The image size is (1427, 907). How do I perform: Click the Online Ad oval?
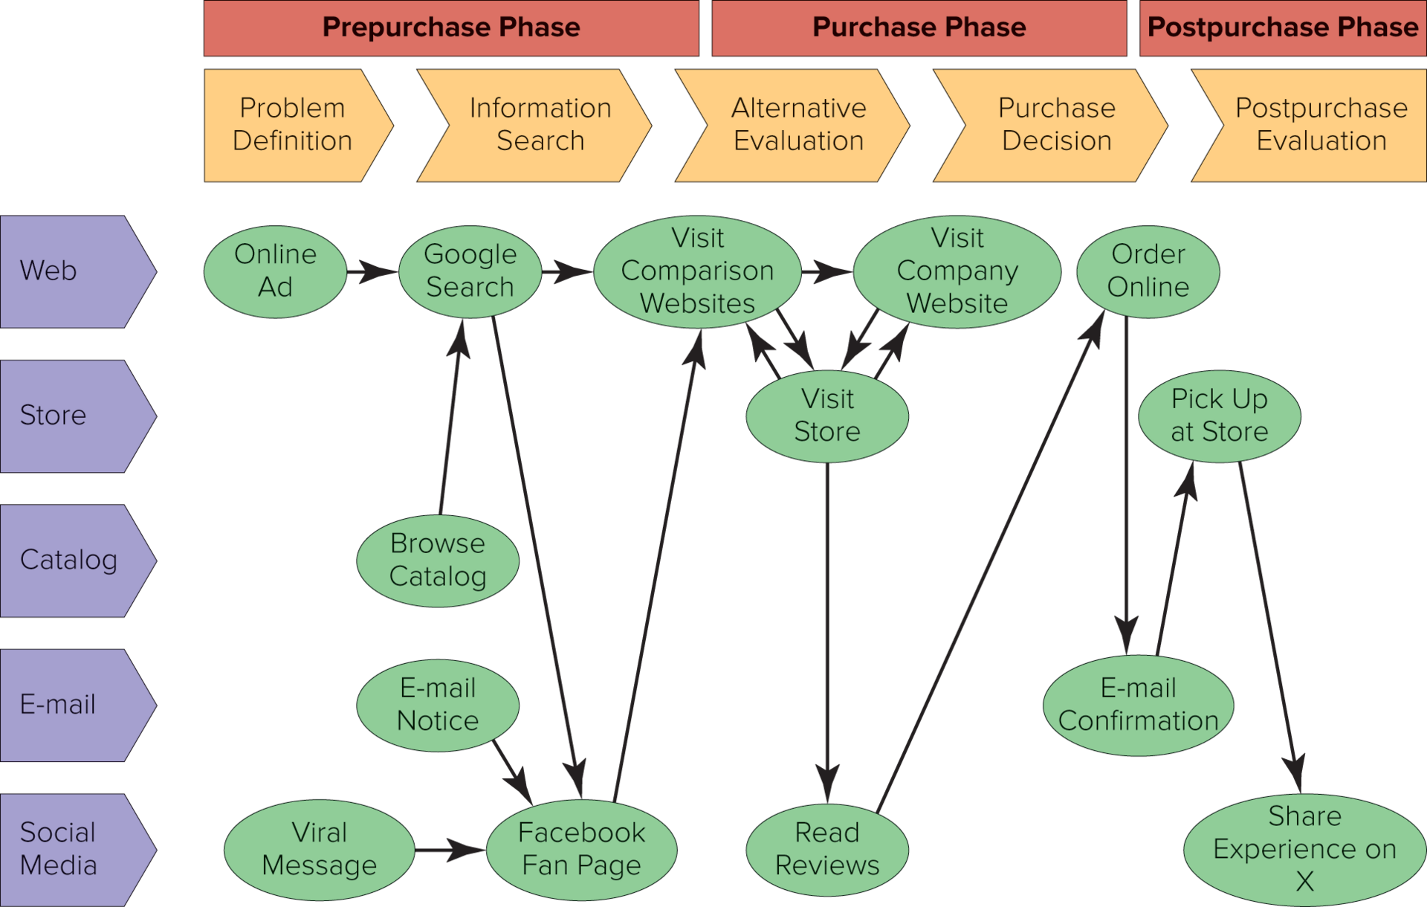pos(275,271)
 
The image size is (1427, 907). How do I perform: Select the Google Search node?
pos(470,271)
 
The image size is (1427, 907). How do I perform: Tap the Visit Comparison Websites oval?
pos(697,271)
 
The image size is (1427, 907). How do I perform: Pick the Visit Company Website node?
pos(957,271)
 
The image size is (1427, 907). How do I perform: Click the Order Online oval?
pos(1148,271)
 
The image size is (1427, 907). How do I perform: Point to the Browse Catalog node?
pos(438,561)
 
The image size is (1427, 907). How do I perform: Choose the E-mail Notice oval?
pos(438,705)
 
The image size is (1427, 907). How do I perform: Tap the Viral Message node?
pos(319,849)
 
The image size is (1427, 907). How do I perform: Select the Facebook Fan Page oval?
pos(581,849)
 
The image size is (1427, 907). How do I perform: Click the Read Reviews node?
pos(827,849)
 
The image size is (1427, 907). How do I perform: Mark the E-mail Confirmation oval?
pos(1138,705)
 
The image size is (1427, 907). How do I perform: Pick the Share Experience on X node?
pos(1304,849)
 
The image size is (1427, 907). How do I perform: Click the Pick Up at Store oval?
pos(1219,416)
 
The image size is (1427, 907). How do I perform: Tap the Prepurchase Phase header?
pos(451,28)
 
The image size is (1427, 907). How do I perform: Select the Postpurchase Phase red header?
pos(1283,28)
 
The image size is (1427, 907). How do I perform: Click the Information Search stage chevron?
pos(540,125)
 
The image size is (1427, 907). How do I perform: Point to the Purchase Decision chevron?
pos(1056,125)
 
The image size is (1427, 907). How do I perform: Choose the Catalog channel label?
pos(69,561)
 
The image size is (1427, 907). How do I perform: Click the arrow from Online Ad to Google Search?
pos(372,271)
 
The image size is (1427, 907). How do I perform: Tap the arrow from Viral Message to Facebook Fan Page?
pos(450,849)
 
